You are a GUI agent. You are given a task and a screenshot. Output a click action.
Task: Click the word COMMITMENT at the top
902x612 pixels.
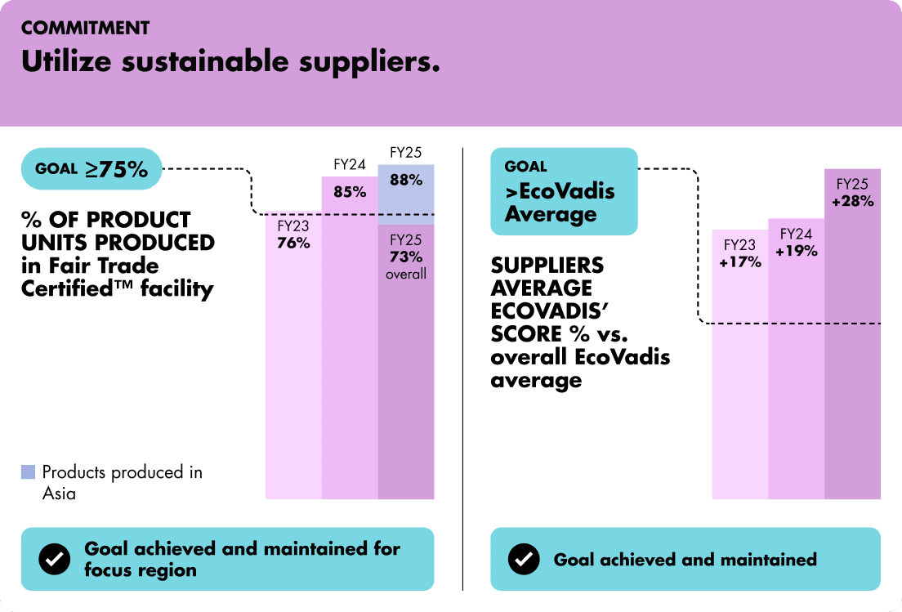85,29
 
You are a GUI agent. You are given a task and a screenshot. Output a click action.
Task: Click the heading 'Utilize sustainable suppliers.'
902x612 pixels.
230,61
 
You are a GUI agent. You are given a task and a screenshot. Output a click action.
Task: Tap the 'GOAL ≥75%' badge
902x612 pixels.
92,169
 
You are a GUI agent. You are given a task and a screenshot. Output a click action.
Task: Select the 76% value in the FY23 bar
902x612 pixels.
293,243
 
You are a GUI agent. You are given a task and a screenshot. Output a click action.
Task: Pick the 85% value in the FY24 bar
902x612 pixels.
350,194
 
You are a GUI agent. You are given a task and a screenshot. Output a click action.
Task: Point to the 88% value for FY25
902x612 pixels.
406,180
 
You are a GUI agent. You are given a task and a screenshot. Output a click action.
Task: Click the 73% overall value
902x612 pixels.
406,257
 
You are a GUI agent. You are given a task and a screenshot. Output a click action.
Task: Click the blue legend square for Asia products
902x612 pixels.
29,471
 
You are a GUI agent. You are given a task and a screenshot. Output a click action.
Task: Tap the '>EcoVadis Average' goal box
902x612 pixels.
563,191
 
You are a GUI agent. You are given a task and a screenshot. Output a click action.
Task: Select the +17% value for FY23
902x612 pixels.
740,262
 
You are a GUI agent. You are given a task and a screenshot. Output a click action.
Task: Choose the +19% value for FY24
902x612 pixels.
797,251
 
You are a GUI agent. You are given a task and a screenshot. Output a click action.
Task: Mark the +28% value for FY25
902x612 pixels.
852,201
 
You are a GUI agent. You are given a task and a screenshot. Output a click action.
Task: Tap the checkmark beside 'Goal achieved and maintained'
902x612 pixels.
523,559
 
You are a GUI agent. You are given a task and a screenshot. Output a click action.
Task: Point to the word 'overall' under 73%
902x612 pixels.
406,274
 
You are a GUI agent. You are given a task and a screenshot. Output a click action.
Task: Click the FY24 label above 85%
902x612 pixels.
350,164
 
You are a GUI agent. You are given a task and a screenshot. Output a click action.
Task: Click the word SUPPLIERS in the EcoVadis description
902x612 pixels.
547,266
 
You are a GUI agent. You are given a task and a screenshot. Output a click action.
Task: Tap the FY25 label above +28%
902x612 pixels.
852,184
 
